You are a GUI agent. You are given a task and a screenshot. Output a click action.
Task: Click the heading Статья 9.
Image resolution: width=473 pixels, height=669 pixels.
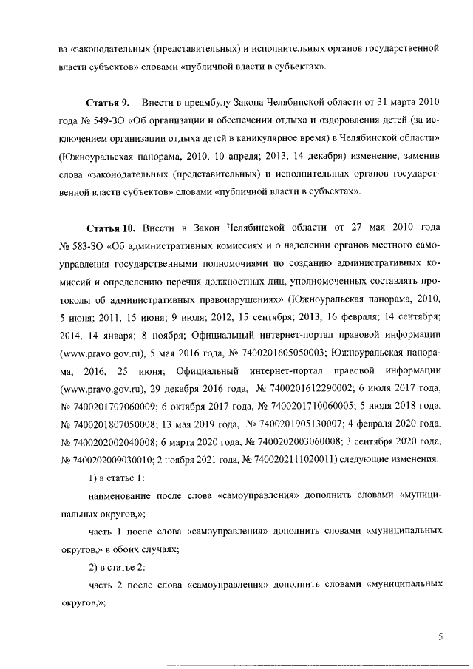[x=109, y=101]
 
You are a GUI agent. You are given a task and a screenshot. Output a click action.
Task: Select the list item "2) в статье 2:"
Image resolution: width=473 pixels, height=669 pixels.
[x=116, y=567]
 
